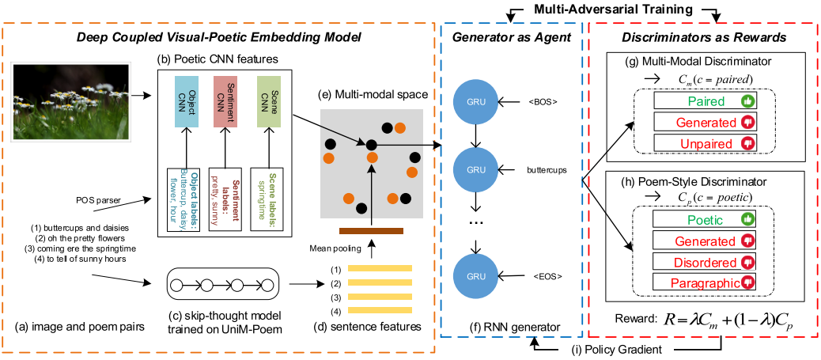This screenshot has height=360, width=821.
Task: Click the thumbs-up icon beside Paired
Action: pyautogui.click(x=745, y=101)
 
